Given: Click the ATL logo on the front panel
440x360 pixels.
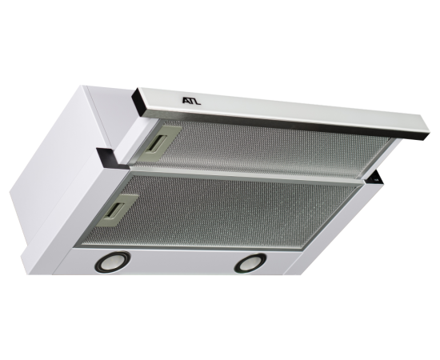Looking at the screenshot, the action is pyautogui.click(x=192, y=101).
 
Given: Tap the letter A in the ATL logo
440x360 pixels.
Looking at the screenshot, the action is pyautogui.click(x=186, y=100).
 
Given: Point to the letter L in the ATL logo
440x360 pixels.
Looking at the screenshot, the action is pyautogui.click(x=198, y=102).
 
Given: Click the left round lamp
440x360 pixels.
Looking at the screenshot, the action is pyautogui.click(x=113, y=262).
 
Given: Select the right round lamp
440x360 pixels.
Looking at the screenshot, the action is pyautogui.click(x=250, y=263).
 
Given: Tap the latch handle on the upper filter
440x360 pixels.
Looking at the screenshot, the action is pyautogui.click(x=162, y=141).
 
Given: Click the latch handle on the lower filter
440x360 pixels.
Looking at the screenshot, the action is pyautogui.click(x=118, y=210).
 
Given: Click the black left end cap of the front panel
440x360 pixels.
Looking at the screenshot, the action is pyautogui.click(x=138, y=102).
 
